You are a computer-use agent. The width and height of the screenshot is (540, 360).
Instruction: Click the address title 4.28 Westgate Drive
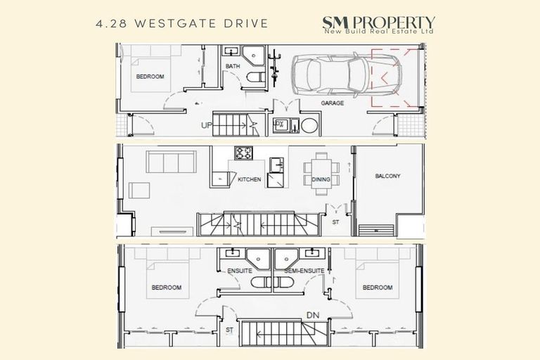click(x=181, y=23)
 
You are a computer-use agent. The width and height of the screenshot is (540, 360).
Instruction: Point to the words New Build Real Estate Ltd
click(x=378, y=32)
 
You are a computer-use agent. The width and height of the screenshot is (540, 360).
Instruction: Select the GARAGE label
click(x=333, y=103)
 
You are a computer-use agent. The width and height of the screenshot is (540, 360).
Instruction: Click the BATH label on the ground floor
click(x=233, y=67)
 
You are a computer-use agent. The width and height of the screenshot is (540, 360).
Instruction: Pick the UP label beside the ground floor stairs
click(x=207, y=125)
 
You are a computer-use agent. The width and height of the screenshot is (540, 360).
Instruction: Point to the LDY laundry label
click(x=279, y=124)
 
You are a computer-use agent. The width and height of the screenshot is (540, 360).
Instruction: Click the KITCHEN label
click(x=249, y=180)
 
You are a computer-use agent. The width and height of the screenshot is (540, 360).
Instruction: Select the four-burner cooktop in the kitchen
click(x=243, y=153)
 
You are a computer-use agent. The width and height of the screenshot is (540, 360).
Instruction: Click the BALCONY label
click(x=387, y=176)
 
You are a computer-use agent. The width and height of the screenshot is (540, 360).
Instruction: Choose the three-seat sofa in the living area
click(x=170, y=162)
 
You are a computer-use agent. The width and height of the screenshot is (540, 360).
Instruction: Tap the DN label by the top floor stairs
click(x=311, y=314)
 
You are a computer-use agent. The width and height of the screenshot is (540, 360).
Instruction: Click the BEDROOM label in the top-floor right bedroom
click(x=377, y=288)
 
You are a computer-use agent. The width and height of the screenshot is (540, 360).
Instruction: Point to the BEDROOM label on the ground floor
click(x=150, y=76)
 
